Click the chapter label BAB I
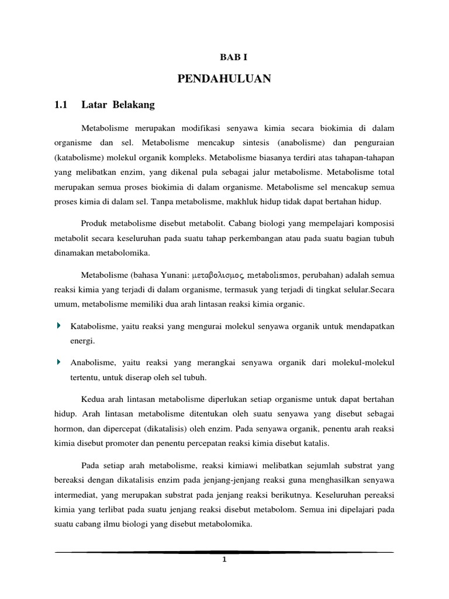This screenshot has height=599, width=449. coord(224,56)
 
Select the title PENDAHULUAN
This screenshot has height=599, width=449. coord(224,79)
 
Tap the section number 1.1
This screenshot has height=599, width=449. coord(61,105)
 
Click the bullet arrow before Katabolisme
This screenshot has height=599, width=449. coord(58,325)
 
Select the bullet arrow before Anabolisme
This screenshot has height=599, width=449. coord(58,363)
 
